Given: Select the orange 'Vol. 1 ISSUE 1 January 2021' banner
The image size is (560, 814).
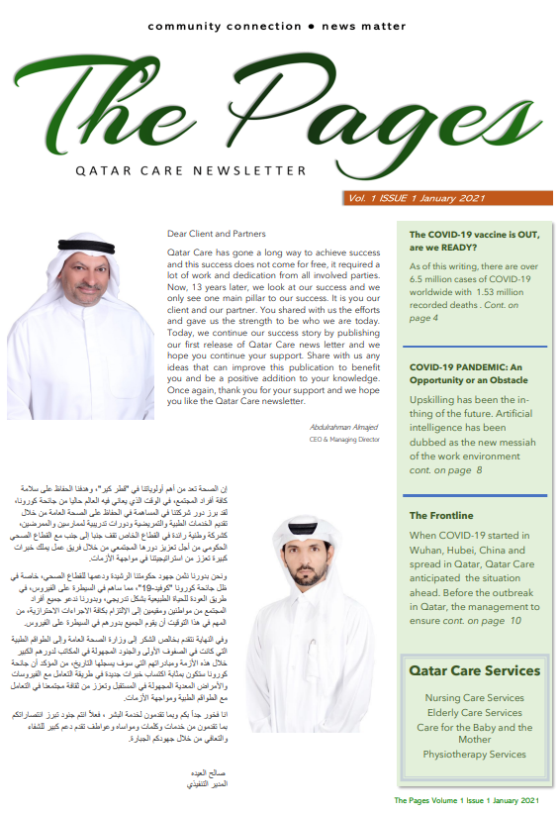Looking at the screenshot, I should (416, 198).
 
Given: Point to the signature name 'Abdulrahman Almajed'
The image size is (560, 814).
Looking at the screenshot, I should (343, 427).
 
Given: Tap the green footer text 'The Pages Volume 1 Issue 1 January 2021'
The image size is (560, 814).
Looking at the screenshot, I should (466, 799).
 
